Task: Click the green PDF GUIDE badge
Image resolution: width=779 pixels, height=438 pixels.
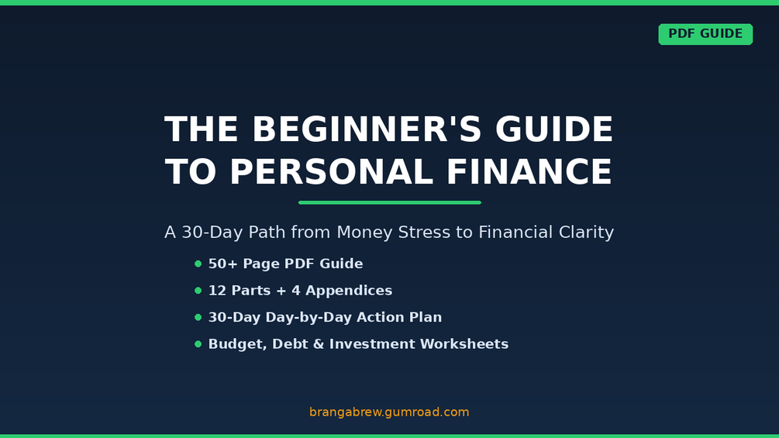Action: [x=705, y=34]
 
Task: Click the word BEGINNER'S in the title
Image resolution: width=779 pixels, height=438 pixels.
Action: [x=367, y=129]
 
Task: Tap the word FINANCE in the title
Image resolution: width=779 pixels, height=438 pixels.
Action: [x=529, y=172]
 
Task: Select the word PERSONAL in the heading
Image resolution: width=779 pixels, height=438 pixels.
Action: [x=332, y=172]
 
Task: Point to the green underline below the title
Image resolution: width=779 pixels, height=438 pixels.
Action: [x=389, y=202]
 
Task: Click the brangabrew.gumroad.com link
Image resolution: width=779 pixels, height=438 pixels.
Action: [x=389, y=412]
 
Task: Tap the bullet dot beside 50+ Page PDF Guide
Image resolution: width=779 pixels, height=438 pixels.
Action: [x=198, y=264]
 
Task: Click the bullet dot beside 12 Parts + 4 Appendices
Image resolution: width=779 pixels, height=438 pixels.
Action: [x=198, y=291]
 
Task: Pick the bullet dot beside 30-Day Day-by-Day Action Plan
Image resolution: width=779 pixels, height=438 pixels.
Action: [x=198, y=317]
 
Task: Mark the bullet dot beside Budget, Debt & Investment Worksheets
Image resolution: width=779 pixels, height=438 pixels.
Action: [x=198, y=344]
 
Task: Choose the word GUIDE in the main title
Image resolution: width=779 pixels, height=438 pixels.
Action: [x=554, y=129]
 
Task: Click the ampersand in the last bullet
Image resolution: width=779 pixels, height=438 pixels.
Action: [x=319, y=344]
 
